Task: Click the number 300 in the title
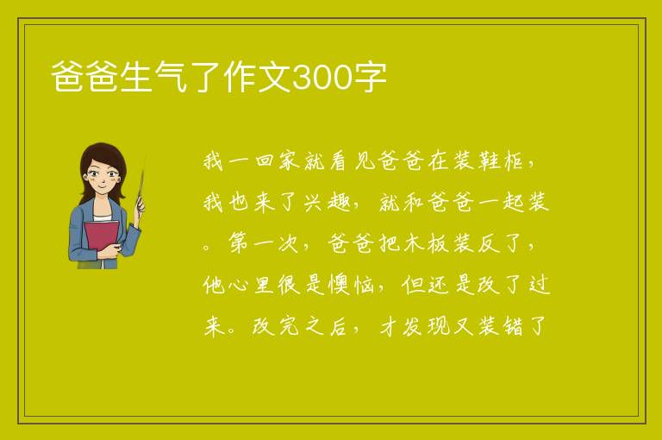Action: (322, 78)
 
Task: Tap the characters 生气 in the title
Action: (153, 78)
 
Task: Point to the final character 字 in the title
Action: (370, 78)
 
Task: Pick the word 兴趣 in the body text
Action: (328, 203)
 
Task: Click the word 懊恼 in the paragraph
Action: (352, 285)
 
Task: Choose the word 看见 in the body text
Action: (353, 161)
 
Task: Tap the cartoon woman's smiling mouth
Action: (102, 187)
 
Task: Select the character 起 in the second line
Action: (514, 203)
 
